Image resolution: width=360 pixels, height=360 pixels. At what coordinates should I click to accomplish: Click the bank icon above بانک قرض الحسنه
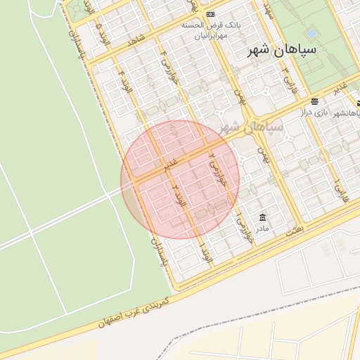[211, 15]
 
